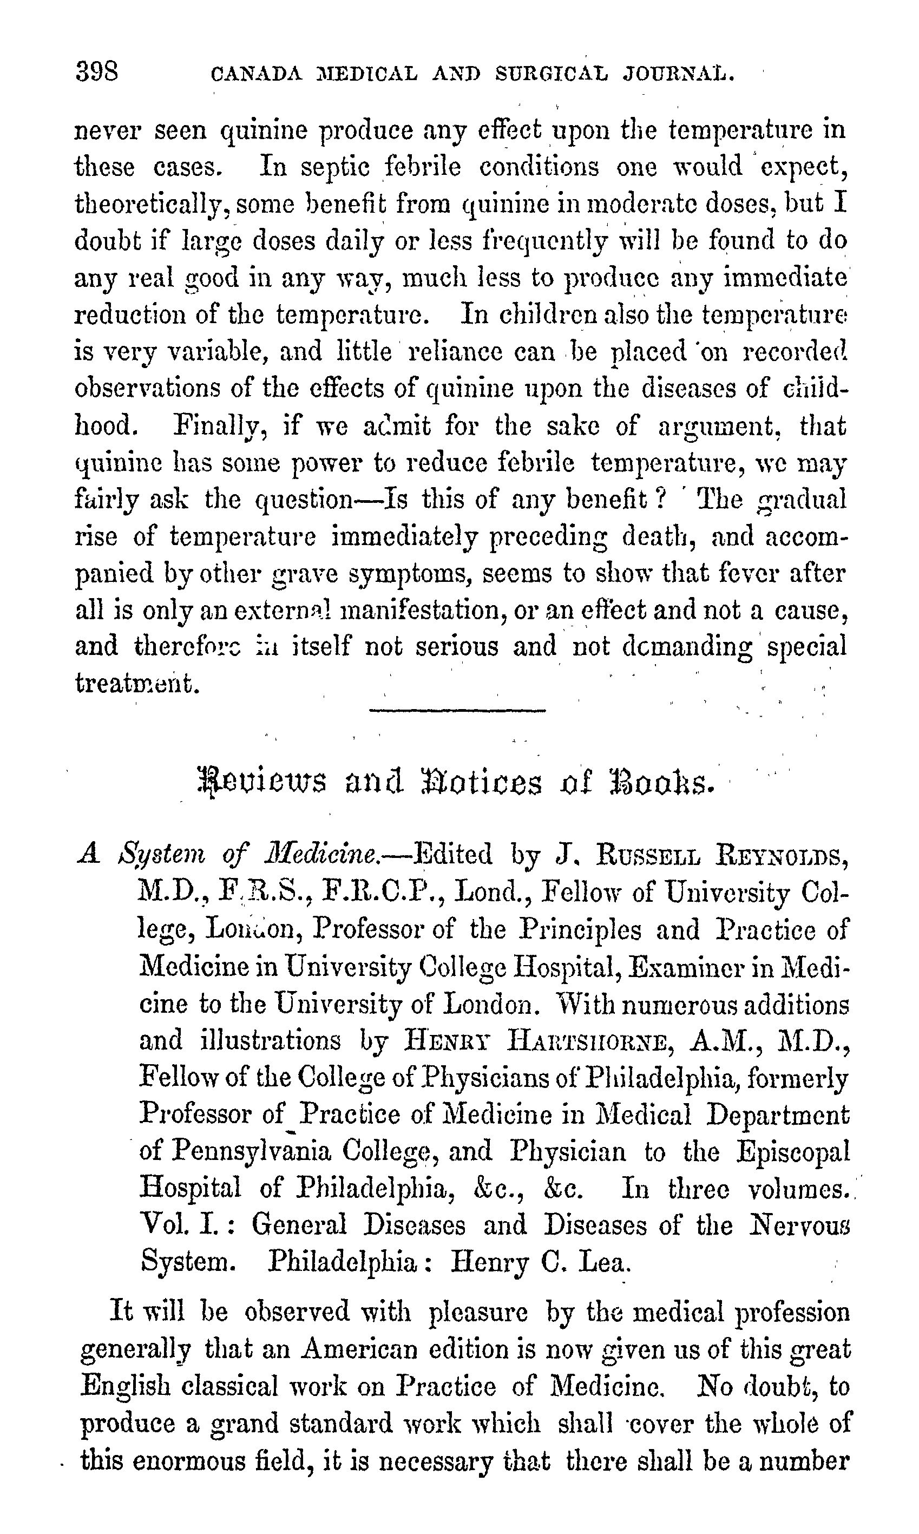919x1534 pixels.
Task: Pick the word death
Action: [x=658, y=536]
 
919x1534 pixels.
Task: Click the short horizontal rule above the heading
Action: [x=457, y=710]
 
